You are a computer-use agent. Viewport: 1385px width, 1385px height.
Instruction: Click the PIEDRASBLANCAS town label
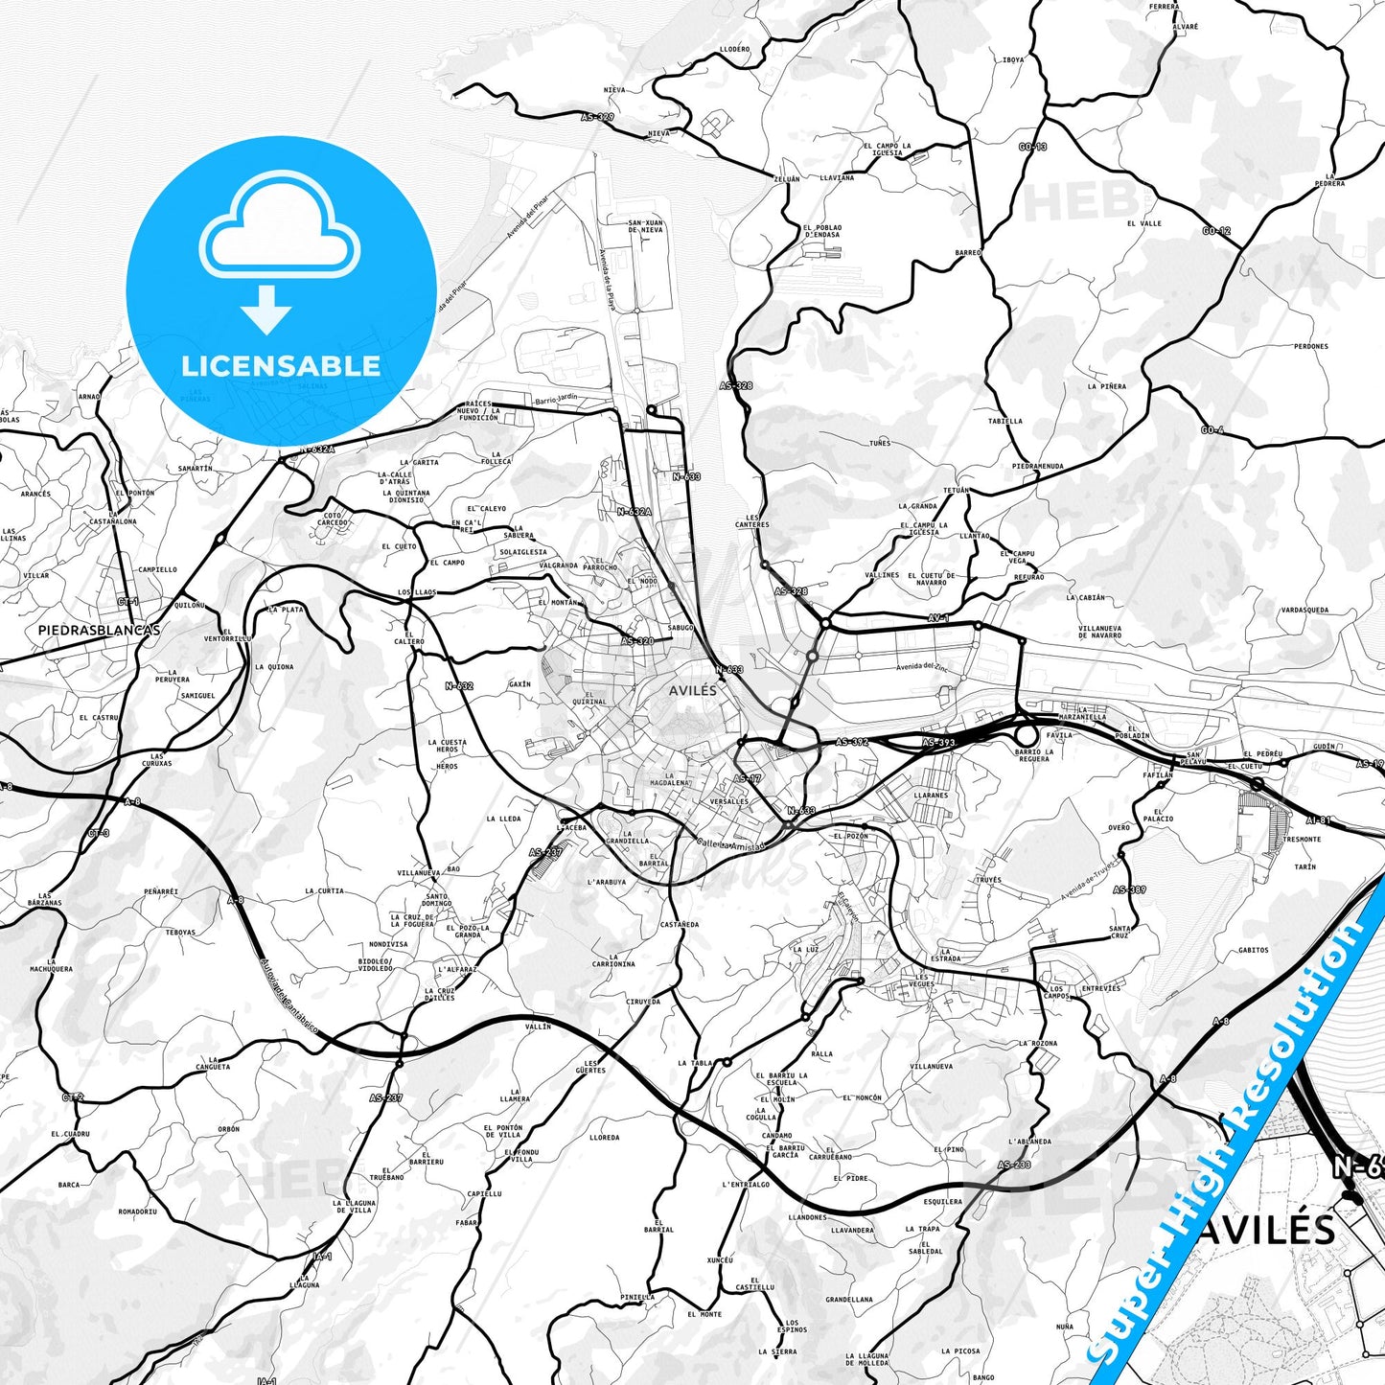pos(99,630)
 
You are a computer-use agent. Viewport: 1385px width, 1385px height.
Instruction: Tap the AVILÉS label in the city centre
pos(692,690)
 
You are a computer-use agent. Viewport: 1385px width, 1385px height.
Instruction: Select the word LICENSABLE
pos(281,365)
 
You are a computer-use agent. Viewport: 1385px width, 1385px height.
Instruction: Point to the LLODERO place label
pos(734,49)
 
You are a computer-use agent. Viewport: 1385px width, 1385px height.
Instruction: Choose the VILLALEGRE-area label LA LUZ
pos(805,949)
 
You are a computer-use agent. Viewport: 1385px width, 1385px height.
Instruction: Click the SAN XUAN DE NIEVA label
pos(645,226)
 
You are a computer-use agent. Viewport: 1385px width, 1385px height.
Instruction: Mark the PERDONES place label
pos(1310,346)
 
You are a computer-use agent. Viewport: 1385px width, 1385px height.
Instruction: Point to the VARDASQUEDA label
pos(1304,610)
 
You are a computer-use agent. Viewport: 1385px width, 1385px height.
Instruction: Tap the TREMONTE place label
pos(1302,839)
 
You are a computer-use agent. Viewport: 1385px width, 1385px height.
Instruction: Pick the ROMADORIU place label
pos(137,1211)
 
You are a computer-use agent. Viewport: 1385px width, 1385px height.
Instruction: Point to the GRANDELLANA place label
pos(848,1300)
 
